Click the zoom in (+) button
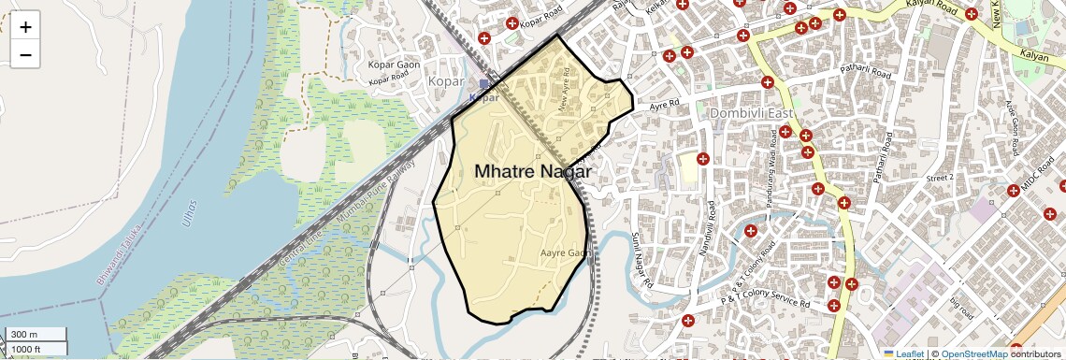(25, 27)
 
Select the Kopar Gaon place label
(396, 65)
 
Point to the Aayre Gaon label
(566, 253)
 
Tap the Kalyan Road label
(931, 7)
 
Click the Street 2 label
(938, 177)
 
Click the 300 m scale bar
(36, 335)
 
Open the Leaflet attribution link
(903, 353)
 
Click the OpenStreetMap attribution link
(973, 353)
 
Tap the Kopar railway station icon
(484, 84)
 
